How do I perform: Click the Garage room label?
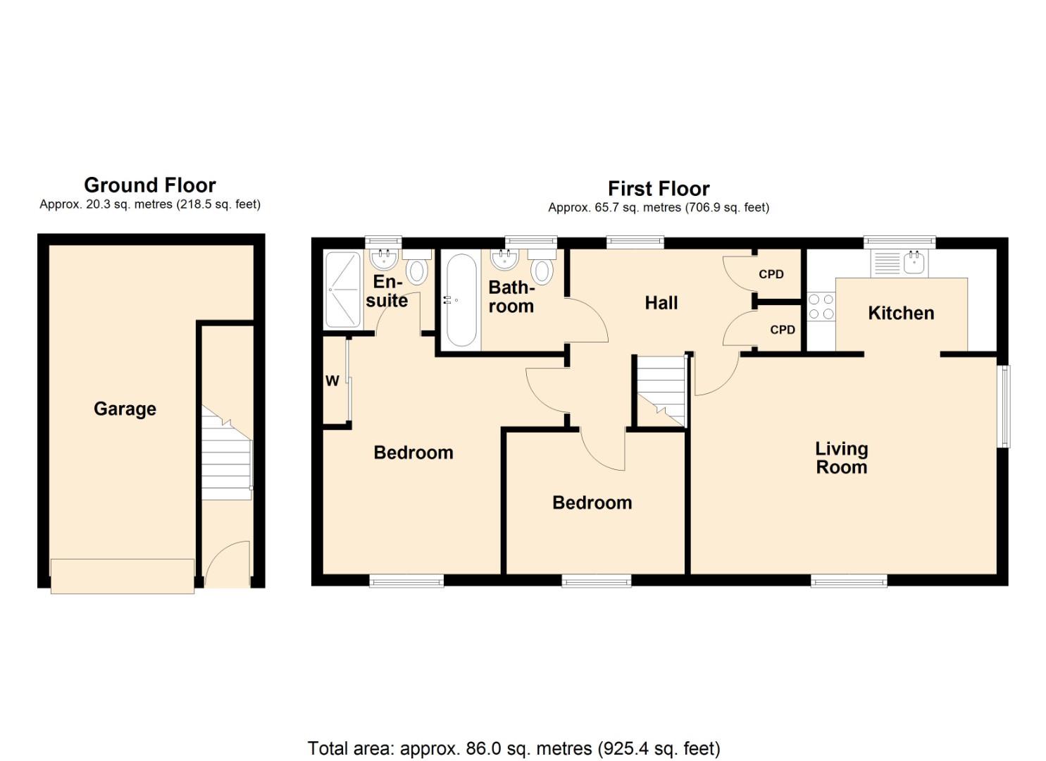[125, 409]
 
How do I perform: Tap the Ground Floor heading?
[149, 185]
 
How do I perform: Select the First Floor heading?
[659, 189]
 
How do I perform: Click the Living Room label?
[841, 458]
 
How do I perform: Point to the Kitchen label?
[901, 313]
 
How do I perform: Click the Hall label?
[661, 303]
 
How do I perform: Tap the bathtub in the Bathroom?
[461, 299]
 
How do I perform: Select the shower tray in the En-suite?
[343, 289]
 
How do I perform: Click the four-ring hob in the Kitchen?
[821, 307]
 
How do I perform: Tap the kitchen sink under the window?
[900, 263]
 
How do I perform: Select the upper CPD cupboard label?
[771, 274]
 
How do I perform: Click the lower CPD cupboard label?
[782, 330]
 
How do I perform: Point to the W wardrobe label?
[332, 381]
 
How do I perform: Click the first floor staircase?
[661, 391]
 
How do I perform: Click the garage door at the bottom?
[123, 576]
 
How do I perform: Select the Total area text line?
[513, 748]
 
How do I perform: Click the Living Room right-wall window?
[1005, 406]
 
